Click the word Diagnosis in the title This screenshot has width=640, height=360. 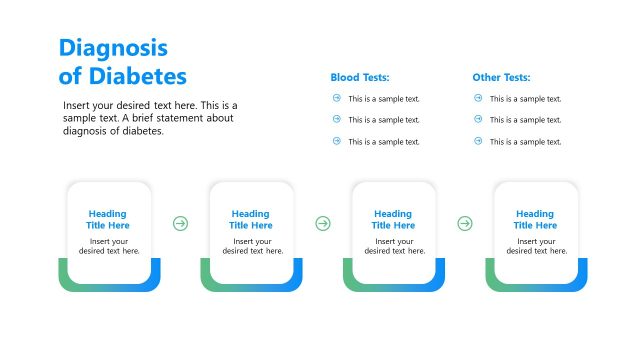(113, 48)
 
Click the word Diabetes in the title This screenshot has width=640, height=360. (136, 76)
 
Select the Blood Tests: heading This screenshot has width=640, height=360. (360, 77)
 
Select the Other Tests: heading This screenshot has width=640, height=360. (501, 77)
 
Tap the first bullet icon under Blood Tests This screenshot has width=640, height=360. (336, 98)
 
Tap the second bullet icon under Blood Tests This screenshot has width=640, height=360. (336, 119)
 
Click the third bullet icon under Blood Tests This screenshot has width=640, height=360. (336, 141)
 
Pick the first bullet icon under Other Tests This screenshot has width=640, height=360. (478, 98)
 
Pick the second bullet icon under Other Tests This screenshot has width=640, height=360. (478, 119)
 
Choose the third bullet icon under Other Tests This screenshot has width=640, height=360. (478, 141)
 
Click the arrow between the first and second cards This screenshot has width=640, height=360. (180, 223)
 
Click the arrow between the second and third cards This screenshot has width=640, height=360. (322, 223)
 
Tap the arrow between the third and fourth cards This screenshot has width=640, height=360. (465, 223)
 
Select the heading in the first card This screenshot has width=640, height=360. (108, 219)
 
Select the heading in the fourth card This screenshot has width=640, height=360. (535, 219)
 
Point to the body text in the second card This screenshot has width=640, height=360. (251, 246)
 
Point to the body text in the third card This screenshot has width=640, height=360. (393, 246)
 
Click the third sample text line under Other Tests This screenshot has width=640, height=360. (525, 141)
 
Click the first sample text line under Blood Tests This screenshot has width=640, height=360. (384, 98)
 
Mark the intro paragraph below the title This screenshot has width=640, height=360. (150, 118)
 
